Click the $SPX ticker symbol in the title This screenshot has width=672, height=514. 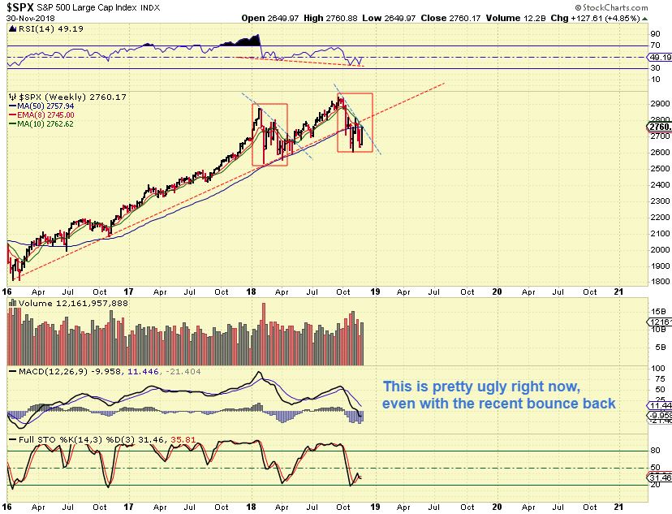[24, 9]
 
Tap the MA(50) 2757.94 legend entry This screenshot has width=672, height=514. [45, 105]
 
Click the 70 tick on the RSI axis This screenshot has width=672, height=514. [654, 46]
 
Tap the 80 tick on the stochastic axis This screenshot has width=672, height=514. [654, 451]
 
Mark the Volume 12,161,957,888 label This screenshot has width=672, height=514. [63, 303]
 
